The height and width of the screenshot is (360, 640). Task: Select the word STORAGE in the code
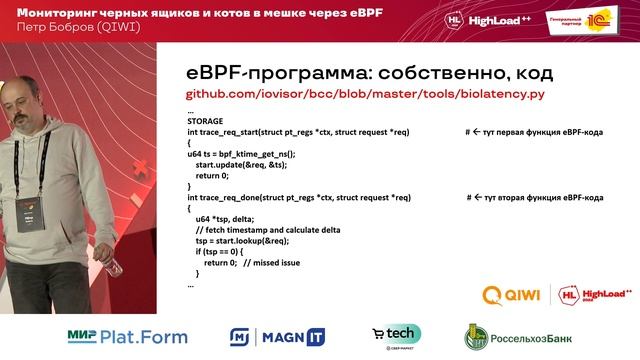(x=205, y=121)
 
